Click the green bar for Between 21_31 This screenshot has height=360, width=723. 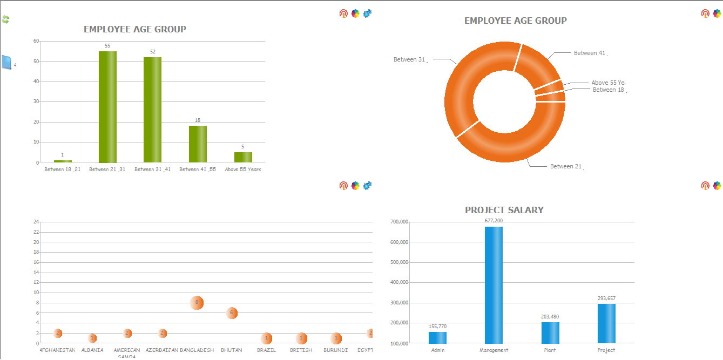pos(107,107)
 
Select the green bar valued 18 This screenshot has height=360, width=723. pos(198,144)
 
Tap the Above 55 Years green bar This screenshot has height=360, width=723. pos(243,157)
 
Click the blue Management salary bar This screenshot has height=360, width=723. pos(494,285)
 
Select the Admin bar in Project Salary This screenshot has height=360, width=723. pos(437,337)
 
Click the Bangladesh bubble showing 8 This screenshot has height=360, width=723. pos(197,303)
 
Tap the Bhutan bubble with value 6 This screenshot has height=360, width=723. pos(232,313)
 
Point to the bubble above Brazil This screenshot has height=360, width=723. pos(266,338)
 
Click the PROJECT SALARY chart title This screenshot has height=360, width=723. pos(504,210)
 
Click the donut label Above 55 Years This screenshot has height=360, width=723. pos(607,83)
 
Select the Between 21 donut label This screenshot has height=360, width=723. pos(565,166)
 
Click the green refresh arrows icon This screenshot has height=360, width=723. pos(5,19)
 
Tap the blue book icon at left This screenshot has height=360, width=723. pos(6,63)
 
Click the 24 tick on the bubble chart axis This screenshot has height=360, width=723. pos(36,222)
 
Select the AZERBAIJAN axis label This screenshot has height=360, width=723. pos(161,350)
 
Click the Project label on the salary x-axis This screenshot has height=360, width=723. pos(606,350)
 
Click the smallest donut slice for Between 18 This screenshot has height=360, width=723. pos(551,98)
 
